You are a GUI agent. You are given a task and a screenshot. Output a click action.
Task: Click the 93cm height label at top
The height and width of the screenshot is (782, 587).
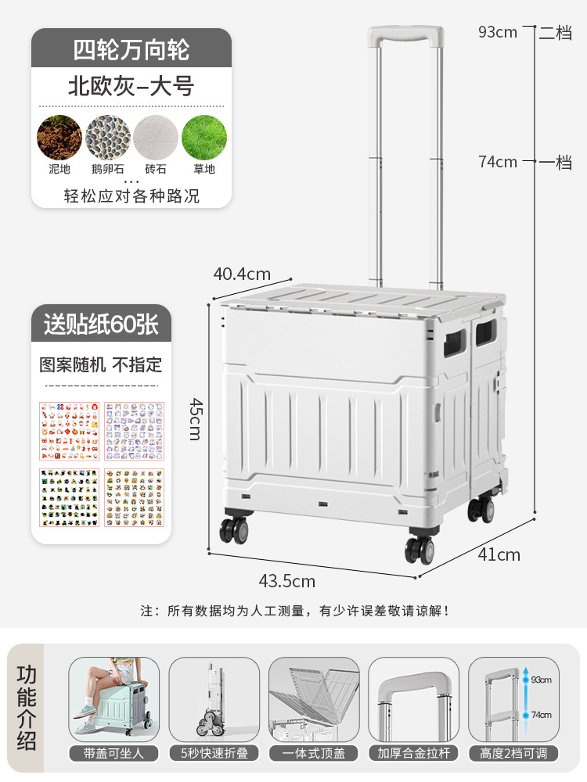tap(498, 32)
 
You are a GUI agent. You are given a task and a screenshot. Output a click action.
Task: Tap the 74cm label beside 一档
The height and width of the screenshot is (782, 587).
tap(498, 162)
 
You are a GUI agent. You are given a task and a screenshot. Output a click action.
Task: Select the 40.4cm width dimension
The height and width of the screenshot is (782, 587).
tap(242, 274)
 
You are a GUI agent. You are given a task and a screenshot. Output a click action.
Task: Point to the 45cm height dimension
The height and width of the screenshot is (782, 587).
tap(195, 418)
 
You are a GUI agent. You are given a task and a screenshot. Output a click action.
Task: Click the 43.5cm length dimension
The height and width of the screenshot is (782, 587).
tap(287, 581)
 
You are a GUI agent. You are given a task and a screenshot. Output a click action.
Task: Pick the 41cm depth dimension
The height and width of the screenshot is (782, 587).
tap(499, 554)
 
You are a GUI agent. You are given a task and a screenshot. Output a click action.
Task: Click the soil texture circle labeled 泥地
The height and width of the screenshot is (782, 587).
tap(59, 138)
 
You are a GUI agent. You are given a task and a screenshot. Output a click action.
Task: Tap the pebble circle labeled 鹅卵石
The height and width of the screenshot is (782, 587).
tap(107, 138)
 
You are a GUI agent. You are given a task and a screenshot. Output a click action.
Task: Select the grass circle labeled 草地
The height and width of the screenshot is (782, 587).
tap(204, 138)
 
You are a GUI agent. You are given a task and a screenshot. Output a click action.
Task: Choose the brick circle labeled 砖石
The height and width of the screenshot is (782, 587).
tap(156, 138)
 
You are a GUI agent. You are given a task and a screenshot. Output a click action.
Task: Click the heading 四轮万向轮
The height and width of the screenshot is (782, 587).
tap(131, 49)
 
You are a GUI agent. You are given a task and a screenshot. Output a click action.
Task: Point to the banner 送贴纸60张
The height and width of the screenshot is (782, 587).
tap(101, 323)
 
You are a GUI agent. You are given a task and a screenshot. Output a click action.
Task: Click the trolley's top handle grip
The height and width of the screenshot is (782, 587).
tap(406, 36)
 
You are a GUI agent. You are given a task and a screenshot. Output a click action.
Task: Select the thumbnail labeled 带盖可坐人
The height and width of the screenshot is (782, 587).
tap(114, 700)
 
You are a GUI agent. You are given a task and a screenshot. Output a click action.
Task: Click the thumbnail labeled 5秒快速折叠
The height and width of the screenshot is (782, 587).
tap(214, 700)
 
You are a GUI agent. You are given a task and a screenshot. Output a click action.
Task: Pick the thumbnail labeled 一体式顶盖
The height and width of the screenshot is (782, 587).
tap(314, 700)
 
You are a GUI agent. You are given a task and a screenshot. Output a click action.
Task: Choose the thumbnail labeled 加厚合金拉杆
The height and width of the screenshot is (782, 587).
tap(413, 700)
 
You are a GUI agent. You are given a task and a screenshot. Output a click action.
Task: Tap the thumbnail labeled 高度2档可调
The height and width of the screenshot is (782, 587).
tap(513, 700)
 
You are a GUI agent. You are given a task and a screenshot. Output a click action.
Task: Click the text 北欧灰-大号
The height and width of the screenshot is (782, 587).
tap(131, 86)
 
